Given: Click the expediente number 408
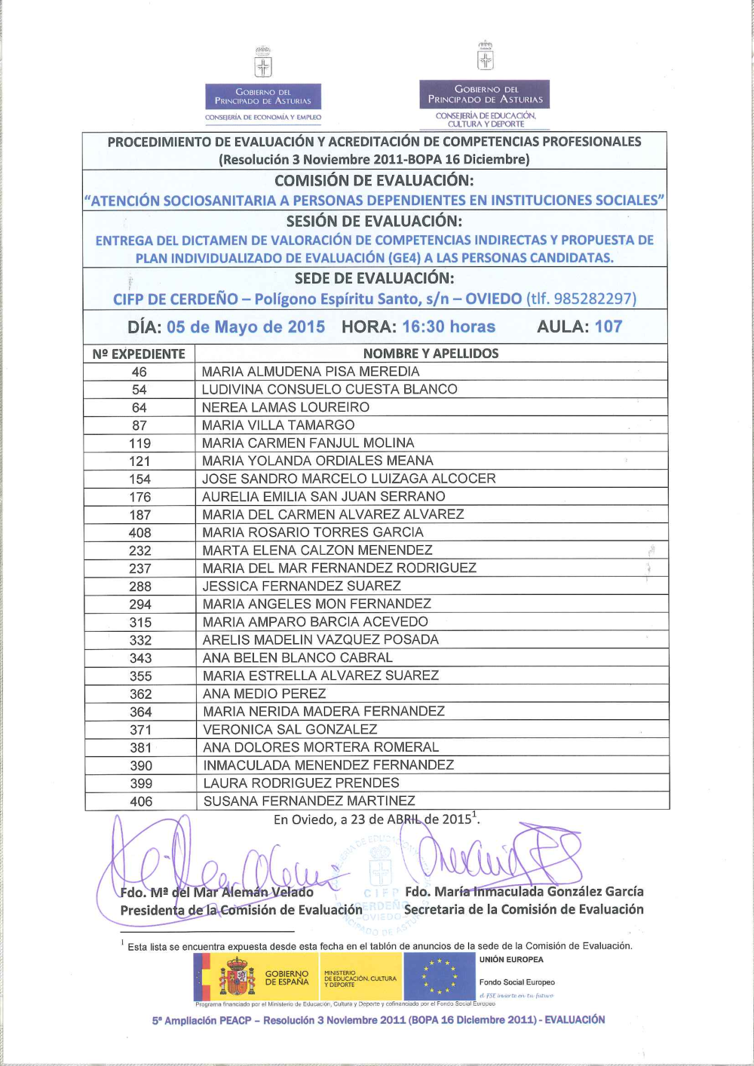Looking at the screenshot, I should (139, 533).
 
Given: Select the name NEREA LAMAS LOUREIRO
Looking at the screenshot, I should (286, 407).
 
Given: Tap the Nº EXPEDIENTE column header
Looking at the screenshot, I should (139, 354).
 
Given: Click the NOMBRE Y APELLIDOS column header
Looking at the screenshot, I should (431, 354).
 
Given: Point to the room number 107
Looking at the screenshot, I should (608, 327).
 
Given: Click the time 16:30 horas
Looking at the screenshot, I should (449, 327).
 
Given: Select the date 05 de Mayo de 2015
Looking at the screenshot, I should (246, 327).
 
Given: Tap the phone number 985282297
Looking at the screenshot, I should (592, 299).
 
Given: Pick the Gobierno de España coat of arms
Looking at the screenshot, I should (237, 977).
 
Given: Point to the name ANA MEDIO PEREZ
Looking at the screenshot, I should (265, 694).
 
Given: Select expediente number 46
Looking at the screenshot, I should (139, 372).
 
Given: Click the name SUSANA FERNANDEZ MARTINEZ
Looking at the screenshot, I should (309, 801).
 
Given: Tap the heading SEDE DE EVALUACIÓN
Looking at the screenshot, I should (374, 278).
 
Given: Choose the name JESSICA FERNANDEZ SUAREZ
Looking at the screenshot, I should (302, 587).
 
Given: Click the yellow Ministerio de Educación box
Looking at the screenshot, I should (360, 978).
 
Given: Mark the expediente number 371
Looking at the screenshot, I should (140, 730).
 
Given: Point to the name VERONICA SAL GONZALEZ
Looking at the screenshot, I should (290, 730).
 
